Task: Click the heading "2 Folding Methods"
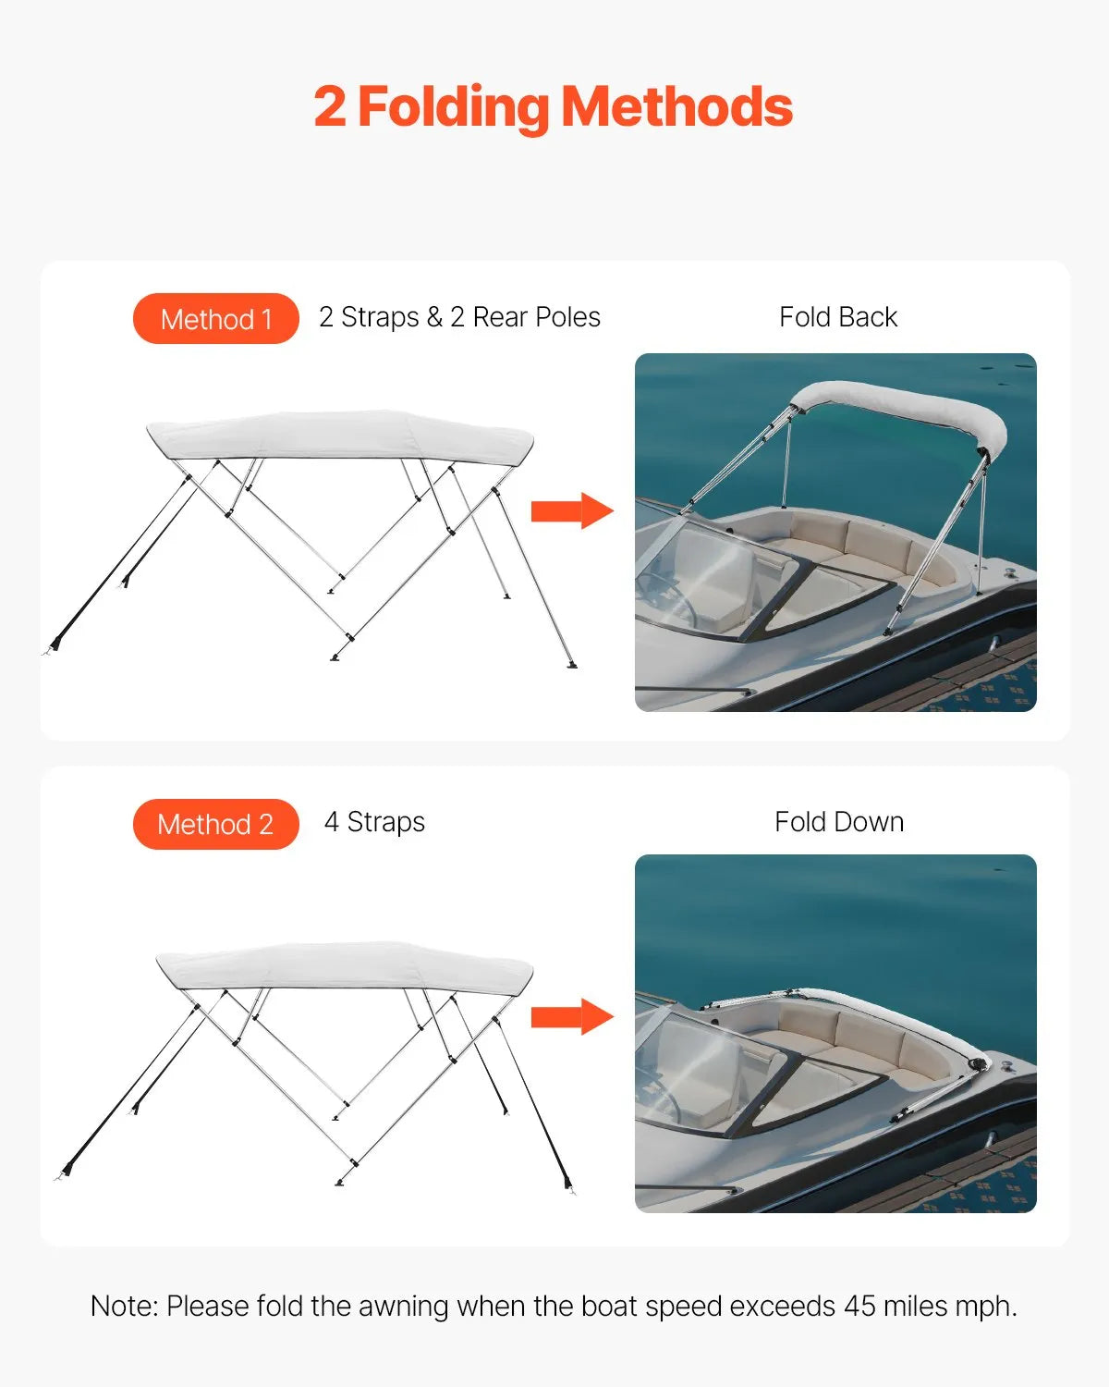click(x=553, y=107)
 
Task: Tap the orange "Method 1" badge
click(x=216, y=319)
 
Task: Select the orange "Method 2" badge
click(x=216, y=824)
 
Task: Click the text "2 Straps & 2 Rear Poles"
click(x=459, y=317)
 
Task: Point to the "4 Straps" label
click(x=374, y=822)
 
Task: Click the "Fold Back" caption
click(x=837, y=317)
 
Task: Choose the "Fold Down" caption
click(x=838, y=822)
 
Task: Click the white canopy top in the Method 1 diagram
click(x=340, y=435)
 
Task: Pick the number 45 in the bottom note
click(x=859, y=1306)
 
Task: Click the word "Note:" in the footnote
click(x=125, y=1306)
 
